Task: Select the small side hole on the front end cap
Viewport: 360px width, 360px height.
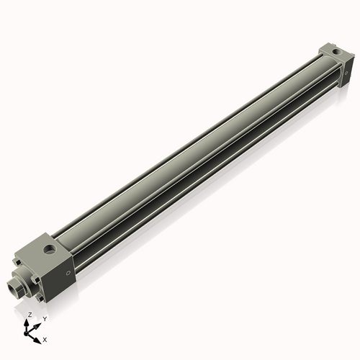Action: (68, 272)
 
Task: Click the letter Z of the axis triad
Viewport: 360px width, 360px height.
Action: (29, 315)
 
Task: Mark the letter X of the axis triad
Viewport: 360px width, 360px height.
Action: (45, 338)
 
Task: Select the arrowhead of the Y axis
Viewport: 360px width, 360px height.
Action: (37, 325)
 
